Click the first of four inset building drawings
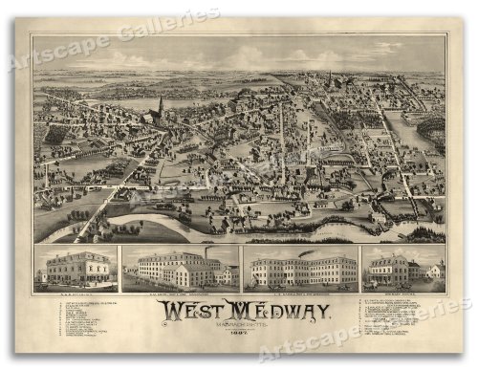(x=76, y=268)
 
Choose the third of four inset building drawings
(x=299, y=269)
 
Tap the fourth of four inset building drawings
(x=402, y=268)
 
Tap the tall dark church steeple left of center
(x=160, y=104)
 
